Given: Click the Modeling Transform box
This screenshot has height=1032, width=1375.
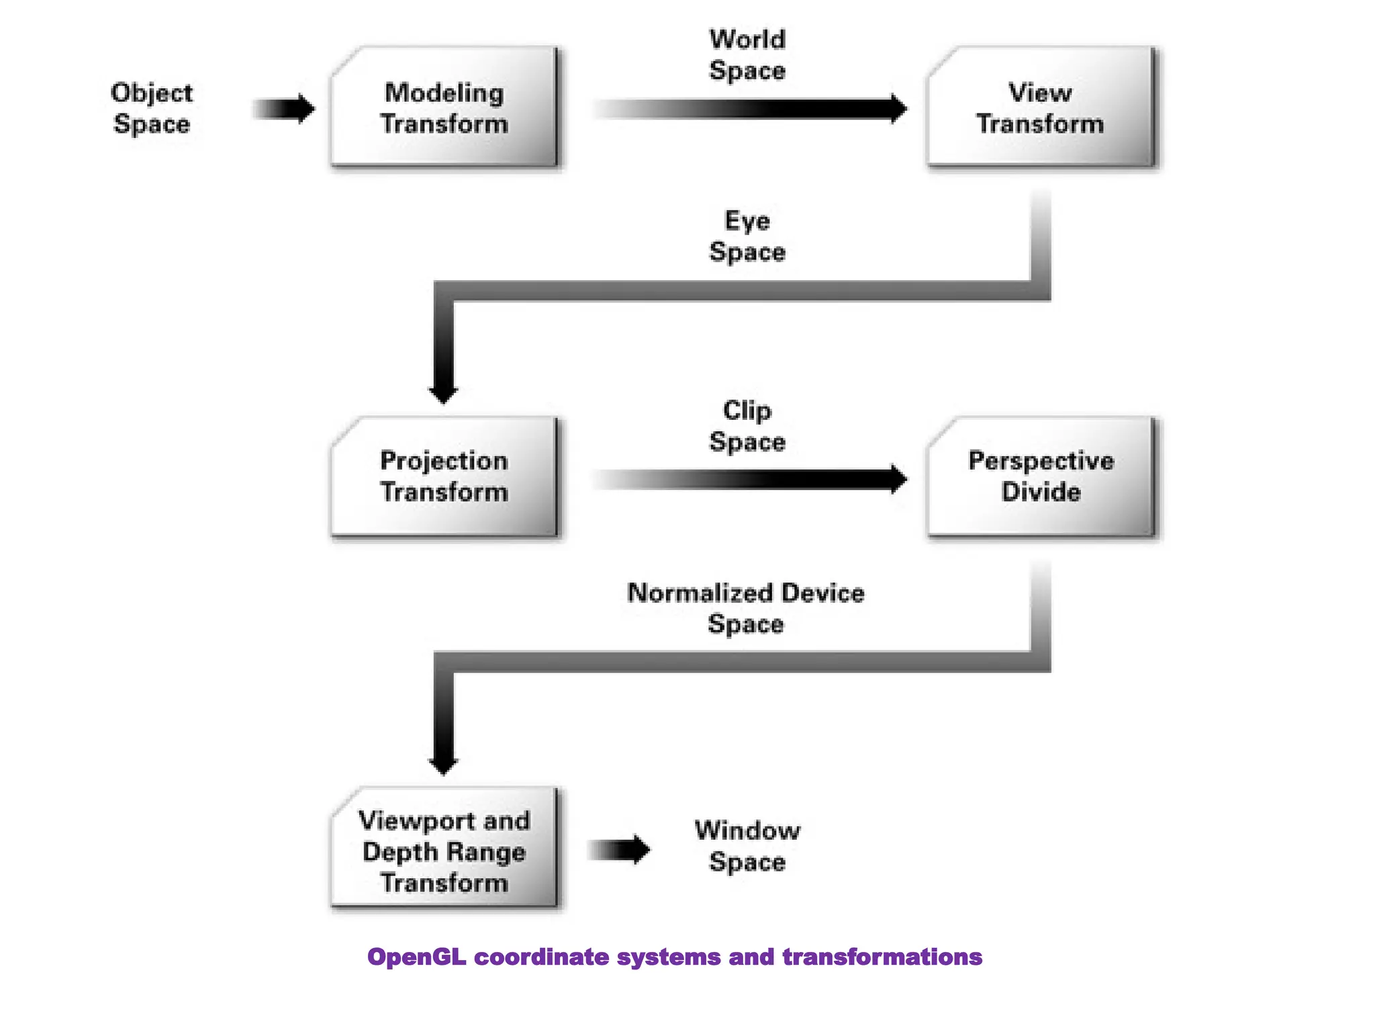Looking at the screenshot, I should click(444, 107).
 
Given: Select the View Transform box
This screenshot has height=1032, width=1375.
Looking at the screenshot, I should click(1040, 107).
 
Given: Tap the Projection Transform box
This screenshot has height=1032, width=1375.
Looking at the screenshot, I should click(444, 476).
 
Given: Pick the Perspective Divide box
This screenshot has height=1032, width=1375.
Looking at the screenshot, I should click(1041, 476).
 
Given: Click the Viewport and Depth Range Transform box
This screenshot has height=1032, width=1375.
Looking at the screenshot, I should click(444, 849).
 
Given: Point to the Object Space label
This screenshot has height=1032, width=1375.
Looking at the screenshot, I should click(152, 108).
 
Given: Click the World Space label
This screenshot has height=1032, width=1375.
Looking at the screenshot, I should click(747, 55).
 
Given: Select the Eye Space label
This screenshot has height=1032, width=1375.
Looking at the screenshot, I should click(747, 236).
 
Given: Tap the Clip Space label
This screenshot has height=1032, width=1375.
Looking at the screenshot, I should click(747, 426).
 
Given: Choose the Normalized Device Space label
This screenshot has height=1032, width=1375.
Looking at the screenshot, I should click(746, 608).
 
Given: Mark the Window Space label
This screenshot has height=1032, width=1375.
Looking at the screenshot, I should click(747, 846).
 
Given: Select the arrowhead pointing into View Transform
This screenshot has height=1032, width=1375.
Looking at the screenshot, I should click(898, 109).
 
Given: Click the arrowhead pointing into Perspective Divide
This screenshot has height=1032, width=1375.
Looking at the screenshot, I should click(898, 479).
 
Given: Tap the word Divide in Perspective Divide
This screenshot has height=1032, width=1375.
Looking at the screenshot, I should click(1041, 492).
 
